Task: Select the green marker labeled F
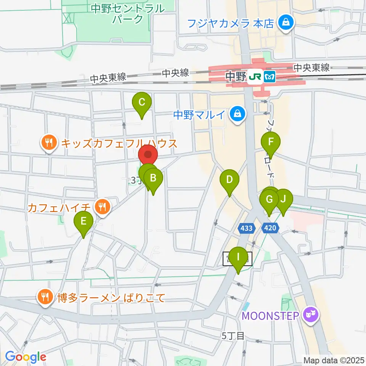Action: point(271,143)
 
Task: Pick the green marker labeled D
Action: point(229,180)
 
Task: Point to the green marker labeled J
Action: point(283,199)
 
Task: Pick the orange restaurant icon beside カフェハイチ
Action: point(102,207)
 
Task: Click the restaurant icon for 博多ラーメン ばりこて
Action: point(46,297)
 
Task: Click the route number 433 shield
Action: point(246,228)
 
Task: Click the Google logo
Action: point(25,357)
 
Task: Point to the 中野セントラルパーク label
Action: point(128,13)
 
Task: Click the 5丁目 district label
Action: point(233,336)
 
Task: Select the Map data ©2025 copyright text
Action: point(334,360)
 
